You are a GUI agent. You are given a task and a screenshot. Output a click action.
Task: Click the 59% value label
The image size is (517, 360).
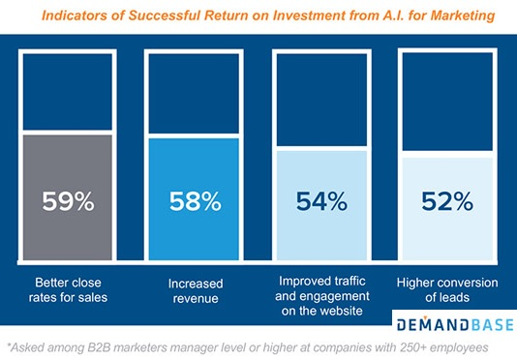tap(68, 202)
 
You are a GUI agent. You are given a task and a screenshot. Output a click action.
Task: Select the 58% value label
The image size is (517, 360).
tap(194, 202)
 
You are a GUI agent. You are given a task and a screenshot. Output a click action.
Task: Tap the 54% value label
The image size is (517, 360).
tap(322, 202)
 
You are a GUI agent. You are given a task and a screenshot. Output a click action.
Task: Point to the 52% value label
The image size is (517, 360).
tap(448, 202)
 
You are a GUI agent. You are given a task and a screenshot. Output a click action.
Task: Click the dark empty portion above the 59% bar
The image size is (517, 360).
tap(68, 92)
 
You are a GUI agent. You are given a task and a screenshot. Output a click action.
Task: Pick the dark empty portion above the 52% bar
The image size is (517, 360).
tap(448, 102)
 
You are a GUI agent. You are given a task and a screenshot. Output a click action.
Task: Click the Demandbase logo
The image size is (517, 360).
tap(449, 320)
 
